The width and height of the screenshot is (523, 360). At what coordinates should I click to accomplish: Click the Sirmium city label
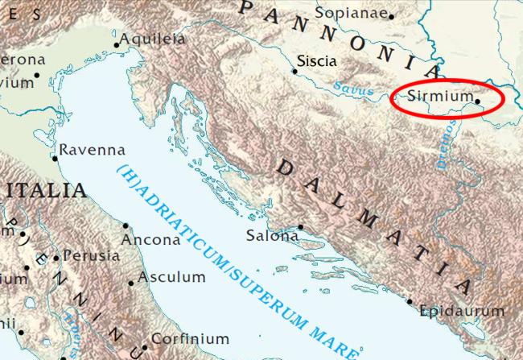[440, 96]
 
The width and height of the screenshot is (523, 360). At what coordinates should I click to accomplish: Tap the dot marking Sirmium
[477, 102]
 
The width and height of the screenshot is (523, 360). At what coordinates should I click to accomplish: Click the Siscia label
[316, 60]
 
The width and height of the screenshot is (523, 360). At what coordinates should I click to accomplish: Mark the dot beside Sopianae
[392, 16]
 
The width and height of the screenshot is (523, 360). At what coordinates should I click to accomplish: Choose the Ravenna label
[93, 150]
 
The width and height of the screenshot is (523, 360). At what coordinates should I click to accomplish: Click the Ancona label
[150, 240]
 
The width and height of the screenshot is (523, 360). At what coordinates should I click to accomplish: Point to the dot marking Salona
[301, 227]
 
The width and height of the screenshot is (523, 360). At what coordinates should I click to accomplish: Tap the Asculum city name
[171, 276]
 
